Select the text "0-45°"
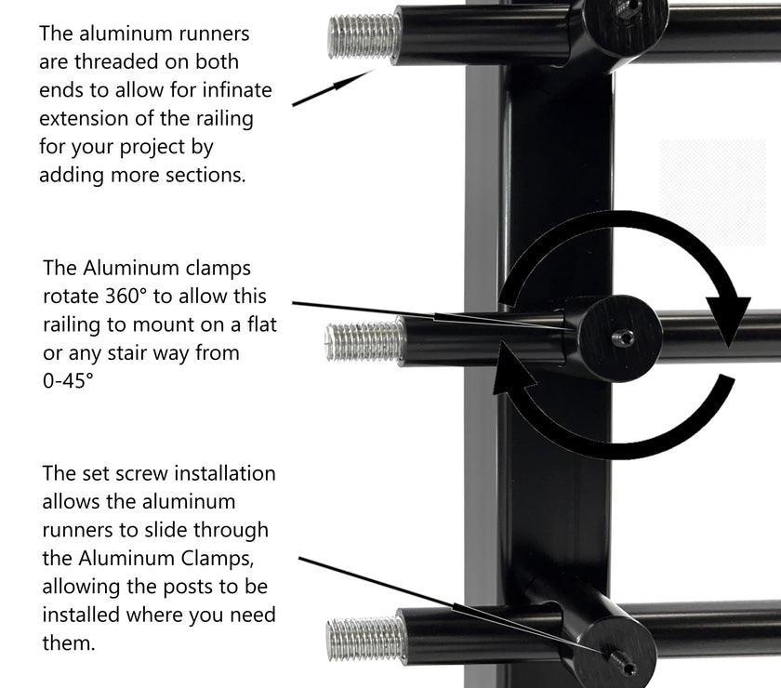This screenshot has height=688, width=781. tap(68, 381)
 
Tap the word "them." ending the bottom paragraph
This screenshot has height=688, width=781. tap(68, 643)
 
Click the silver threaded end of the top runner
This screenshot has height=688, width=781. tap(364, 37)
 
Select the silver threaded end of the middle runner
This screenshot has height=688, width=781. tap(365, 341)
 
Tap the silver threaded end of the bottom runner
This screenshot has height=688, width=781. tap(366, 640)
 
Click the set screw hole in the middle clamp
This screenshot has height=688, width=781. tap(623, 338)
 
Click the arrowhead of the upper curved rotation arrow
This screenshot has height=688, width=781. tap(727, 319)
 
